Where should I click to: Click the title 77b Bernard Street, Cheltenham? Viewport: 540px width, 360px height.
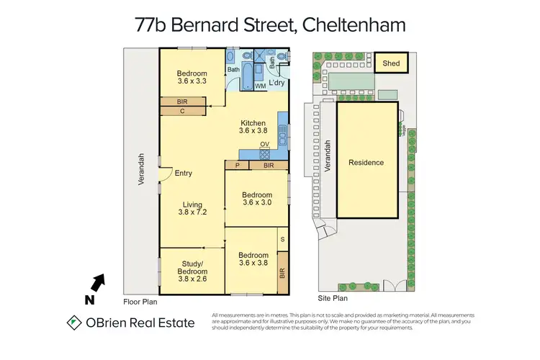coord(270,25)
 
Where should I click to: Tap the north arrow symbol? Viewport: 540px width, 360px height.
coord(97,283)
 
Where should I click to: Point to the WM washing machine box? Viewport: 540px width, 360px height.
coord(260,86)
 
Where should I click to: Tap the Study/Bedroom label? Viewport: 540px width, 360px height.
coord(192,267)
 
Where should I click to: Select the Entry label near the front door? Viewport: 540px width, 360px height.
coord(183,173)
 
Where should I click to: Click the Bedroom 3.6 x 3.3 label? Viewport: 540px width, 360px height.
coord(192,77)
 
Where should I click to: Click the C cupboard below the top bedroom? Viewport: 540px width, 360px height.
coord(182,112)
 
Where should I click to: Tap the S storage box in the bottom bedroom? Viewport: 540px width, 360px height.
coord(282,238)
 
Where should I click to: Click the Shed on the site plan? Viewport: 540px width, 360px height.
coord(391,63)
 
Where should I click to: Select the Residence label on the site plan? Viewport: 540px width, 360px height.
coord(366,163)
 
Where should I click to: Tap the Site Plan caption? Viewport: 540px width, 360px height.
coord(333,297)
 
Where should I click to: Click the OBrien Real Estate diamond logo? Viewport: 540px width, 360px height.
coord(74,323)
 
